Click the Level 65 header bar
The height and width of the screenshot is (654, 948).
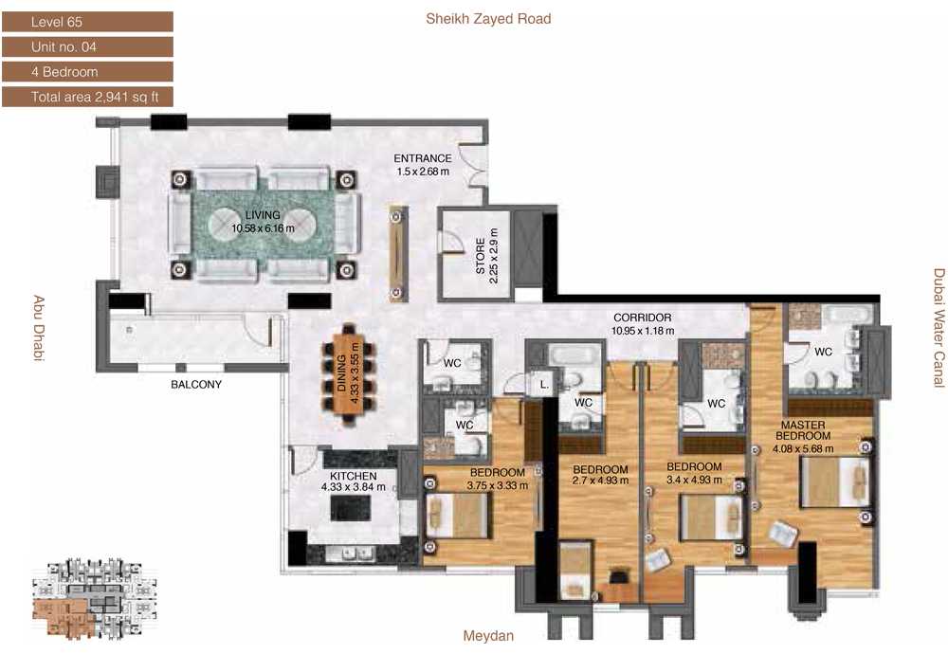click(87, 22)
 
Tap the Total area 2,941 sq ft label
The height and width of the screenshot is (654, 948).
click(87, 97)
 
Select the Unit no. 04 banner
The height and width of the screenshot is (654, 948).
click(87, 46)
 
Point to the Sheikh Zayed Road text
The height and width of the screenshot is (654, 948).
click(488, 19)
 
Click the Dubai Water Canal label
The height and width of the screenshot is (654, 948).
click(939, 328)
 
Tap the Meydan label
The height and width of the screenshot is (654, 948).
click(488, 636)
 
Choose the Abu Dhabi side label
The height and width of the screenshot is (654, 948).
click(39, 328)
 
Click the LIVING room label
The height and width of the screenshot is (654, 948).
click(263, 215)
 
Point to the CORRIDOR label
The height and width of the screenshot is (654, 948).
click(642, 318)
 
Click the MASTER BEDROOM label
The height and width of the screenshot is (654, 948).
click(804, 430)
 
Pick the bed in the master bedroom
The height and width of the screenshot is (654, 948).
click(835, 482)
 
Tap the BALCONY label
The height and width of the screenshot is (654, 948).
click(196, 385)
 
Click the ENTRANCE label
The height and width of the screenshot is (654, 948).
click(423, 158)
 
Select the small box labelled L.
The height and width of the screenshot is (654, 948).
click(543, 385)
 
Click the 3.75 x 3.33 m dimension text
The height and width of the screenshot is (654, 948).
click(497, 485)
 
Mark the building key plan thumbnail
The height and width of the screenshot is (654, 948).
click(91, 599)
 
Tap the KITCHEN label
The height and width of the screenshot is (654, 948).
click(353, 477)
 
